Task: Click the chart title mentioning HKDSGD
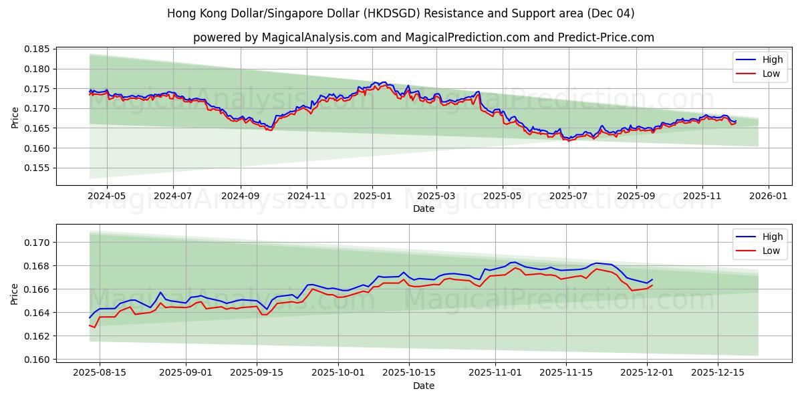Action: pyautogui.click(x=401, y=13)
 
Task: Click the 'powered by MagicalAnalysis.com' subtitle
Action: pyautogui.click(x=424, y=37)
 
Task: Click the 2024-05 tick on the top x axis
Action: pyautogui.click(x=108, y=196)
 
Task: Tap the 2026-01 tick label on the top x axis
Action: pyautogui.click(x=768, y=196)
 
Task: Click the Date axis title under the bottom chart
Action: pyautogui.click(x=424, y=386)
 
